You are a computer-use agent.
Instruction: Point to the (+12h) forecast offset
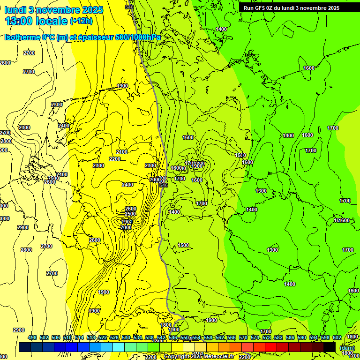click(x=81, y=21)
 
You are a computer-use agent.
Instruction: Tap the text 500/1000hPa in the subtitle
click(x=138, y=37)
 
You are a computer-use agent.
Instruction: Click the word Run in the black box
click(x=248, y=8)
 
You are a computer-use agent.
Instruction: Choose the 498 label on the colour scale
click(x=32, y=337)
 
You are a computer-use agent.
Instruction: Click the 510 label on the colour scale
click(x=67, y=337)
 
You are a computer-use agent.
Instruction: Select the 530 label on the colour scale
click(x=126, y=337)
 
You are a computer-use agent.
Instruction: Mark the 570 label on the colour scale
click(x=243, y=337)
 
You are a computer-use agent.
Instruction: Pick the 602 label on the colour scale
click(x=337, y=337)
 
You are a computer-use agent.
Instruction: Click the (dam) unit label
click(x=347, y=347)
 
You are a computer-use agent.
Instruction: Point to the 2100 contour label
click(x=121, y=152)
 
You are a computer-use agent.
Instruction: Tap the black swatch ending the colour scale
click(x=330, y=347)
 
